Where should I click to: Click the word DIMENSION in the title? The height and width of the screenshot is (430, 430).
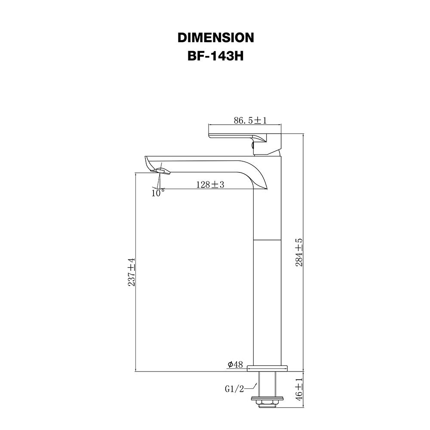pos(216,37)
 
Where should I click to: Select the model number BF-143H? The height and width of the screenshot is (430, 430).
pos(215,56)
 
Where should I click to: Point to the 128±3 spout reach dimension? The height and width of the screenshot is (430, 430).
pos(210,184)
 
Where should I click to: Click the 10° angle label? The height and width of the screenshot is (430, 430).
pos(158,193)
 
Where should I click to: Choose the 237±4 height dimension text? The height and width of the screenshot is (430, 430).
pos(131,272)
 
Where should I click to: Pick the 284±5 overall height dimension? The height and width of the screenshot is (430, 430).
pos(299,252)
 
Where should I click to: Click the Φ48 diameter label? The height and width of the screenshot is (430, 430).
pos(235,365)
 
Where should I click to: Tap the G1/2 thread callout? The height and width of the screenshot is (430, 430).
pos(234,389)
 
